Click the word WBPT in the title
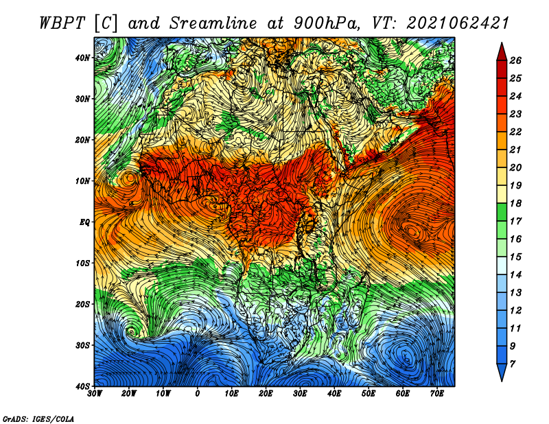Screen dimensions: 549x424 [62, 23]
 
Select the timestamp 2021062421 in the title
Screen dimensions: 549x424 [457, 23]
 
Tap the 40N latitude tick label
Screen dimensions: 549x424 [82, 58]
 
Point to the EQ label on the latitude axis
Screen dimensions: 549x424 [84, 222]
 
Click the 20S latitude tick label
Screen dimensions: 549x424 [82, 304]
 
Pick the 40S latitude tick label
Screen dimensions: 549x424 [82, 386]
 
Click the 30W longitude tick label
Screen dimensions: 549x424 [95, 394]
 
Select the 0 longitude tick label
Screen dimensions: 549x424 [198, 394]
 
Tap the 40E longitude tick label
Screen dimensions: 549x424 [334, 394]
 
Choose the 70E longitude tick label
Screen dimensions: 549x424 [437, 394]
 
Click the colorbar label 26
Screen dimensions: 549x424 [515, 60]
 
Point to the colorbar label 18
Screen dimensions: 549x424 [515, 203]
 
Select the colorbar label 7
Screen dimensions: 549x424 [513, 364]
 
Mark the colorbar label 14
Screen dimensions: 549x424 [515, 275]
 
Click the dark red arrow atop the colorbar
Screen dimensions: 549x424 [502, 52]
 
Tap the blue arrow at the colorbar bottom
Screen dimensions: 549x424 [502, 373]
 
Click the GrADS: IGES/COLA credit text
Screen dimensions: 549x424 [38, 419]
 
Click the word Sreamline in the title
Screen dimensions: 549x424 [213, 23]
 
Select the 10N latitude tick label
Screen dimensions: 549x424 [82, 181]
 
